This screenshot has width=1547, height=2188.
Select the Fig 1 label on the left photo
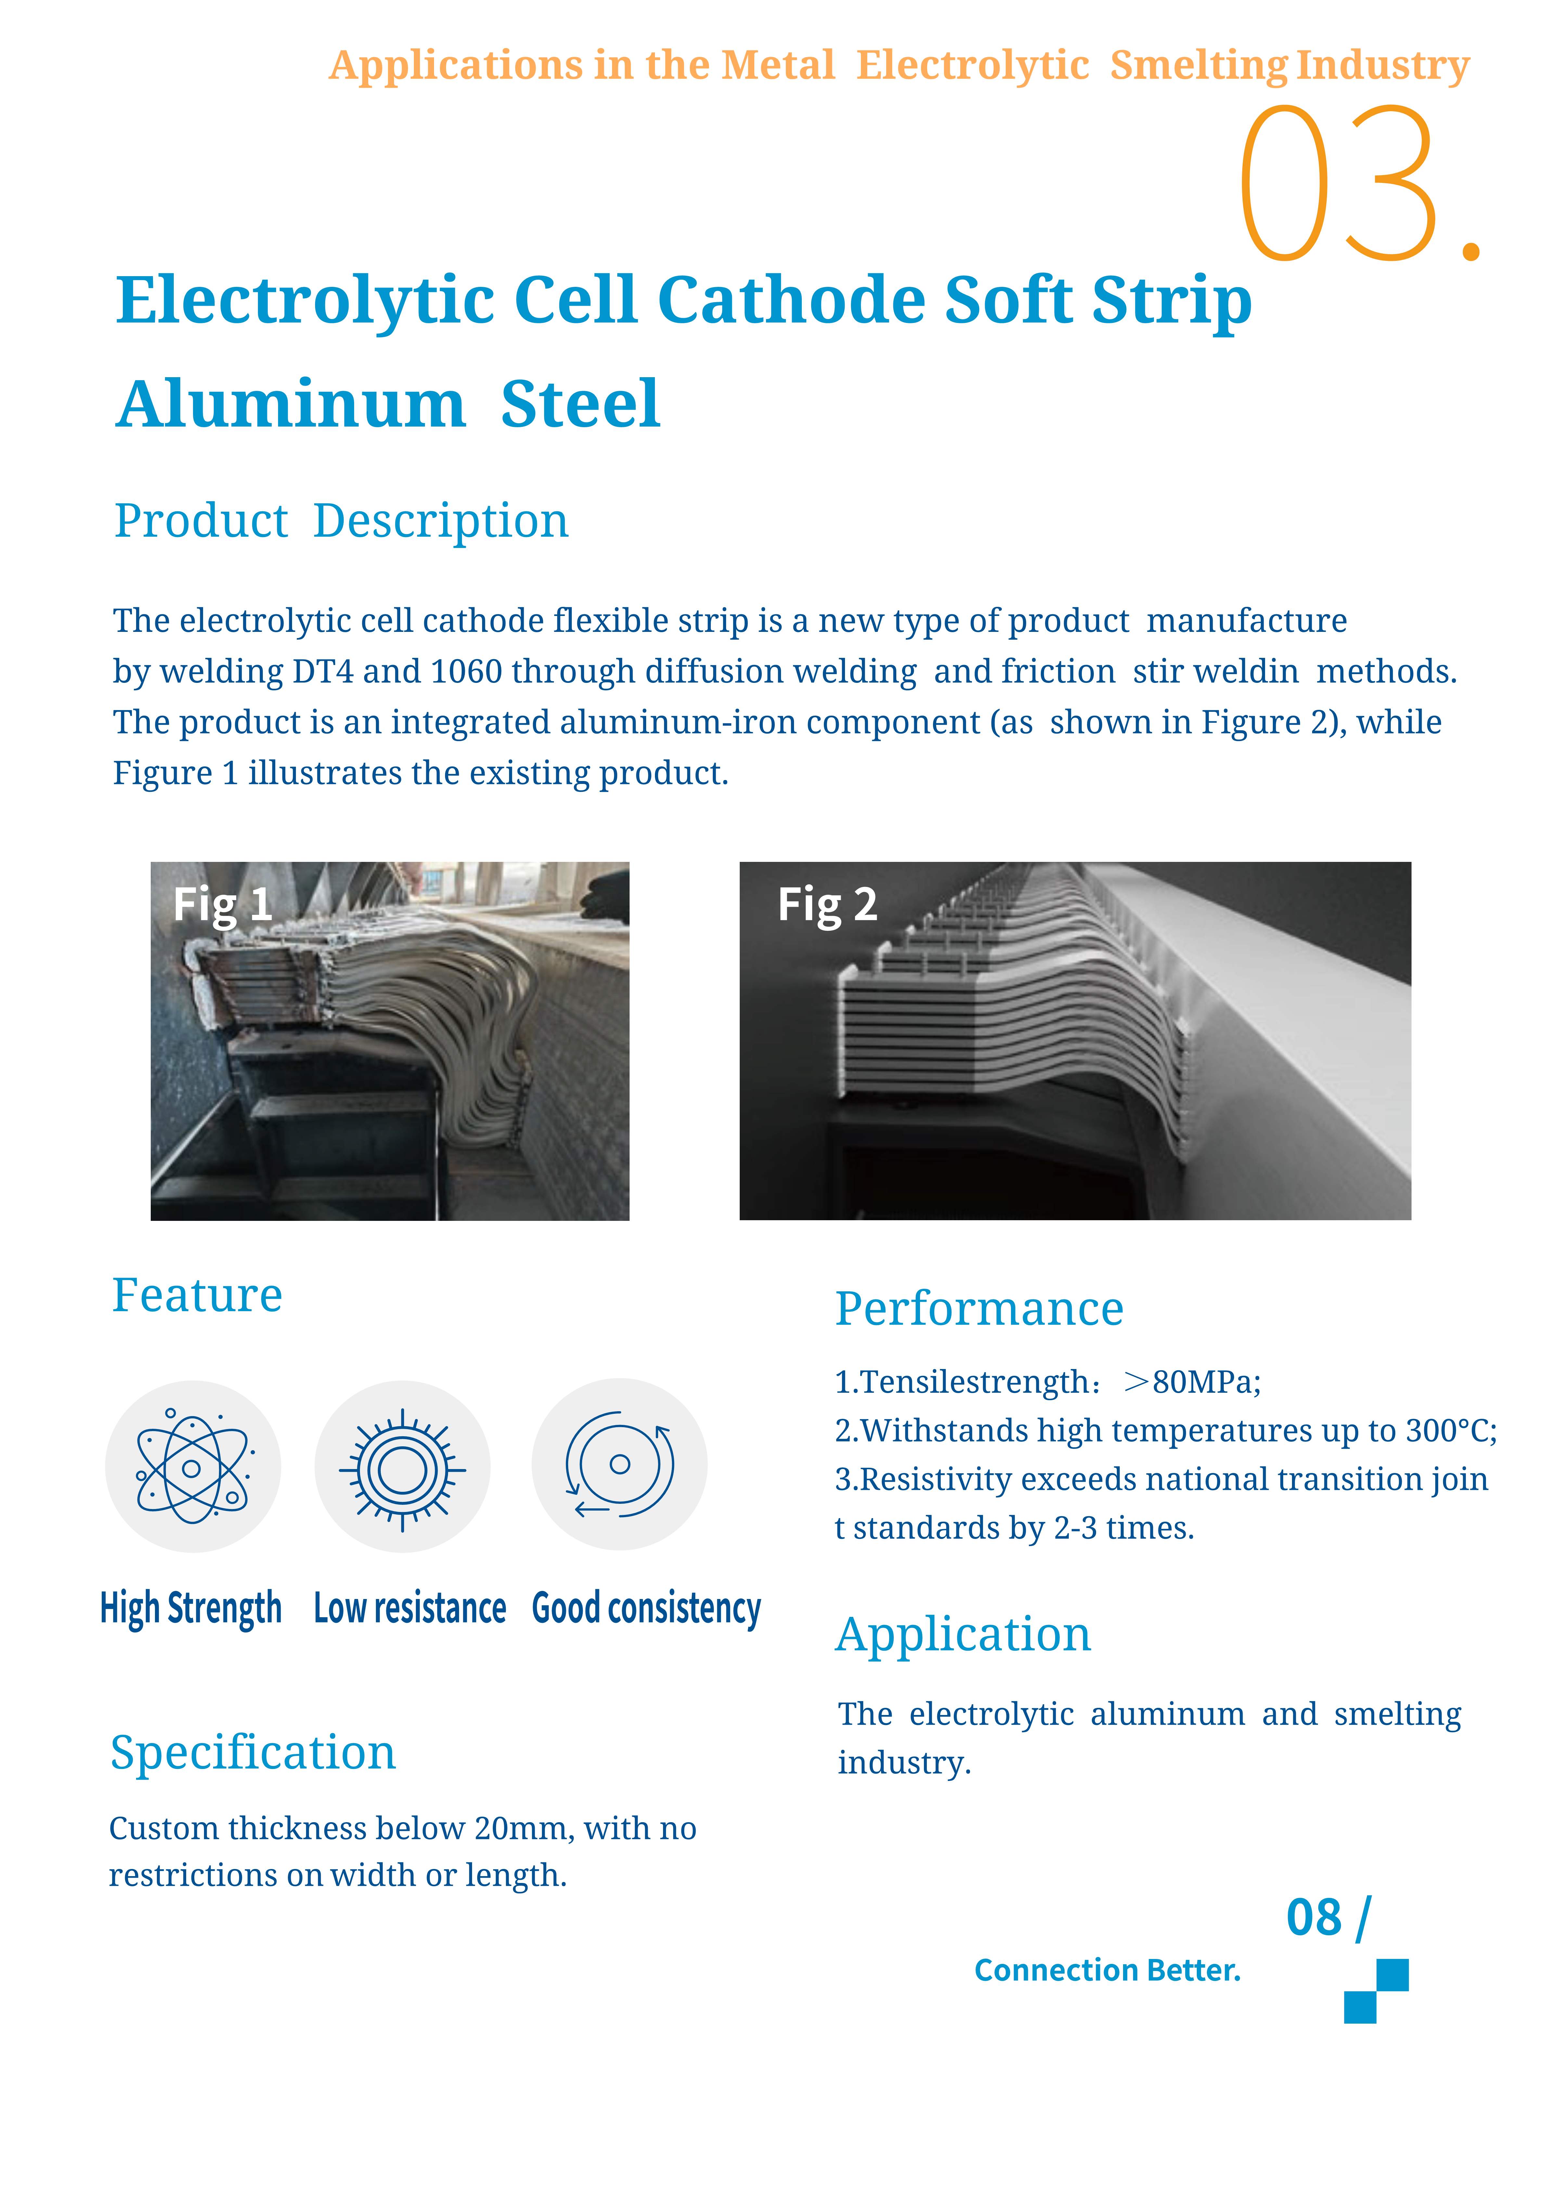click(222, 903)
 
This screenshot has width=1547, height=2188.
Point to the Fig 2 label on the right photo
click(826, 903)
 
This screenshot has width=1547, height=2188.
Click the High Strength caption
click(191, 1609)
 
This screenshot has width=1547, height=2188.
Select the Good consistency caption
click(646, 1609)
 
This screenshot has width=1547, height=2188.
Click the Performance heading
click(979, 1309)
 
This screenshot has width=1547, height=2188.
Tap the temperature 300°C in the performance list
click(1449, 1430)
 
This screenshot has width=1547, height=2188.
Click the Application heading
click(963, 1635)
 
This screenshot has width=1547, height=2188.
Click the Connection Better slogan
click(1106, 1970)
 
